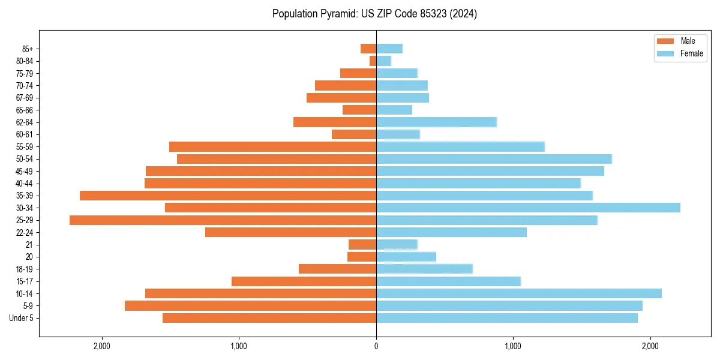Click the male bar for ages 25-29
point(223,220)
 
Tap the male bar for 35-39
point(228,196)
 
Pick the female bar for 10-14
point(519,293)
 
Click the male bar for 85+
point(368,49)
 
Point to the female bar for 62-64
point(436,122)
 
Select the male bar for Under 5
point(269,318)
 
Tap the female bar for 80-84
point(383,61)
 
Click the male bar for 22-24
point(290,232)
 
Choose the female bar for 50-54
point(494,159)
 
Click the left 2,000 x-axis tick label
point(102,346)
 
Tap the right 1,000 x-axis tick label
point(513,346)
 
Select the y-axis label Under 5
point(21,318)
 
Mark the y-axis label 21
point(29,245)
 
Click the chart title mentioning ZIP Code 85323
point(374,14)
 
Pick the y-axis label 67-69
point(25,98)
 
